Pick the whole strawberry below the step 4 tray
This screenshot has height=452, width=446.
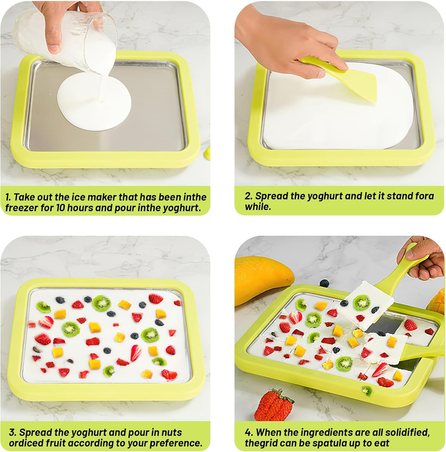pyautogui.click(x=274, y=405)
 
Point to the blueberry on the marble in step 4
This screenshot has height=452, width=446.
pyautogui.click(x=324, y=283)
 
